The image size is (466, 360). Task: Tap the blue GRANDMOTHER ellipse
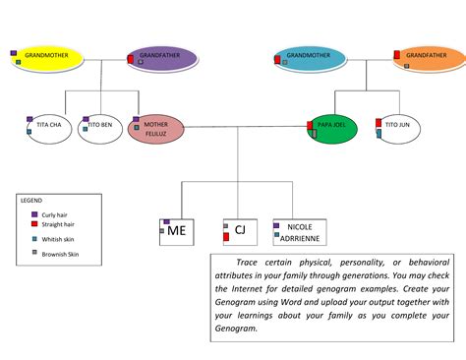pos(311,58)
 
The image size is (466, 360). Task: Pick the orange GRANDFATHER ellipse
pos(428,58)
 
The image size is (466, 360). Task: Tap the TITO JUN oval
pos(397,129)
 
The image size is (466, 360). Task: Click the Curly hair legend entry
pos(53,214)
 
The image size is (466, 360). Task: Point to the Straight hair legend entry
pos(55,224)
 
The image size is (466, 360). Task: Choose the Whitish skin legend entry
pos(55,240)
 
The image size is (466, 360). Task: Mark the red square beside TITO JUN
pos(379,123)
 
